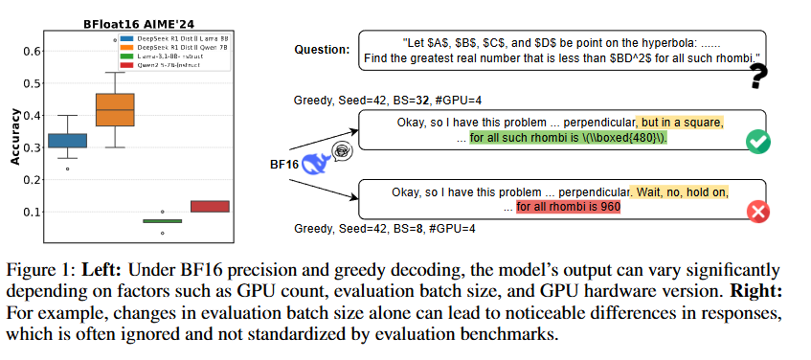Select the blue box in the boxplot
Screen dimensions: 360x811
pyautogui.click(x=67, y=140)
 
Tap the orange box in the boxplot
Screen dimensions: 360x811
pyautogui.click(x=116, y=109)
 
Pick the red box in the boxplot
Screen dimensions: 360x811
pyautogui.click(x=209, y=206)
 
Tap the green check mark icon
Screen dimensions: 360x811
pyautogui.click(x=758, y=143)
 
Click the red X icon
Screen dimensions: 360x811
pyautogui.click(x=758, y=213)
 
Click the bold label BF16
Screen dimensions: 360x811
pyautogui.click(x=284, y=164)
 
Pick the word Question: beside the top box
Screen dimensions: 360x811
pyautogui.click(x=322, y=49)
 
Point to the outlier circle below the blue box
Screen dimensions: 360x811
pyautogui.click(x=67, y=169)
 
